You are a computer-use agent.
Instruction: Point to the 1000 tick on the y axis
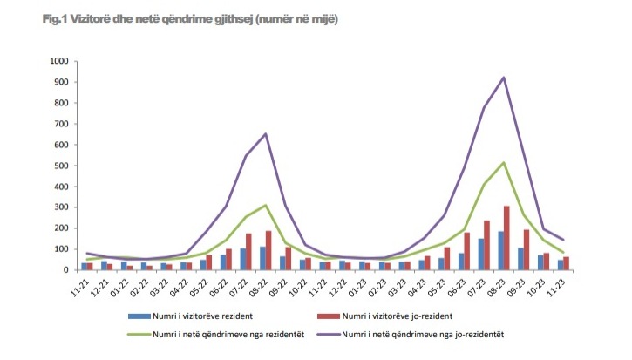coord(59,61)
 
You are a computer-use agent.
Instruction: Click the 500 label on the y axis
coord(62,166)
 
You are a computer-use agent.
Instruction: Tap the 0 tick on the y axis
coord(66,270)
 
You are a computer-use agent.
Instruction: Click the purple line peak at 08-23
coord(503,78)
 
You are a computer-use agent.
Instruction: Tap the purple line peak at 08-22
coord(265,133)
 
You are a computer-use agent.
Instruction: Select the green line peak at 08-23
coord(503,162)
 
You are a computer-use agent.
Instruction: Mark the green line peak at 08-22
coord(265,205)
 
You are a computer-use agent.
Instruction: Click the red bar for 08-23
coord(507,238)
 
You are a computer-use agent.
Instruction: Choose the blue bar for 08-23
coord(499,250)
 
